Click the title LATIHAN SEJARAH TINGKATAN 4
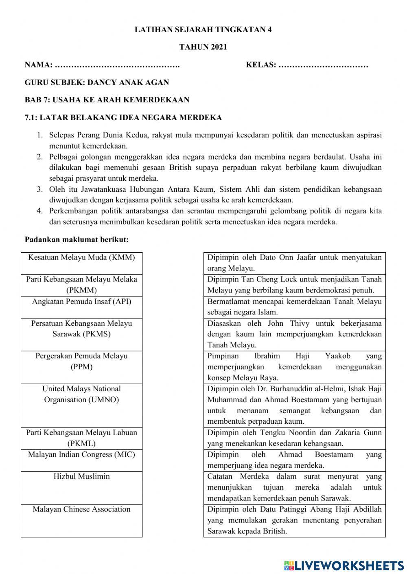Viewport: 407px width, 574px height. pyautogui.click(x=203, y=29)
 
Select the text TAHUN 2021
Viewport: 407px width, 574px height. pyautogui.click(x=203, y=47)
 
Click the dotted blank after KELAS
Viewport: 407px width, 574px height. pyautogui.click(x=323, y=65)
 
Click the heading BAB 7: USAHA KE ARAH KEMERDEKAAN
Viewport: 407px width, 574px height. pyautogui.click(x=107, y=100)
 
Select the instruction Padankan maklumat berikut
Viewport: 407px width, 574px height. pyautogui.click(x=77, y=240)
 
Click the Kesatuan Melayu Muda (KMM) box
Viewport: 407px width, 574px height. pyautogui.click(x=81, y=263)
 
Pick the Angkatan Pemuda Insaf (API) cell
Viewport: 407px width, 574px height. pyautogui.click(x=81, y=307)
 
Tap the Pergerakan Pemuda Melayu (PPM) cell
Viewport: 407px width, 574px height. pyautogui.click(x=81, y=367)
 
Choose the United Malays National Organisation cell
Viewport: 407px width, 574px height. pyautogui.click(x=81, y=405)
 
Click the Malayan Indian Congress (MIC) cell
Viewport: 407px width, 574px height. pyautogui.click(x=81, y=460)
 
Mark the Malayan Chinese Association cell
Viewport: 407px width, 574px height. pyautogui.click(x=81, y=520)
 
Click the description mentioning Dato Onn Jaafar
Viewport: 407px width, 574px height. pyautogui.click(x=294, y=263)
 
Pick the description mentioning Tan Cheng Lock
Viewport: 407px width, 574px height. pyautogui.click(x=294, y=285)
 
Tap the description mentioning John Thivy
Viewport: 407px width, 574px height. pyautogui.click(x=294, y=334)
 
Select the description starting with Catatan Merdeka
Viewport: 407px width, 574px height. pyautogui.click(x=294, y=487)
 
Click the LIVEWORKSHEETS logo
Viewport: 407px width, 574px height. pyautogui.click(x=344, y=565)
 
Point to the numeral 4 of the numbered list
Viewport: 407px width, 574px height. pyautogui.click(x=39, y=211)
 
